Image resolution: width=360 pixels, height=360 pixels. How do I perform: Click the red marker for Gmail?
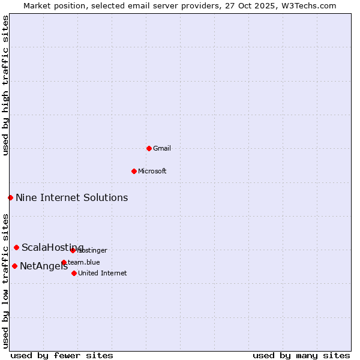pyautogui.click(x=149, y=148)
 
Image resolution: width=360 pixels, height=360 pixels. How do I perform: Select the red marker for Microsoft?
pyautogui.click(x=134, y=171)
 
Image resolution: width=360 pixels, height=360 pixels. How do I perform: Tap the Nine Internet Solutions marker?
pyautogui.click(x=10, y=197)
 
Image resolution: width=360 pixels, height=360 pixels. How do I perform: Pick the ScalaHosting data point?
pyautogui.click(x=16, y=247)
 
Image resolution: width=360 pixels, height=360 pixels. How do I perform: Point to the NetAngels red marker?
pyautogui.click(x=14, y=266)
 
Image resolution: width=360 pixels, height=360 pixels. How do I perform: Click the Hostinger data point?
pyautogui.click(x=73, y=250)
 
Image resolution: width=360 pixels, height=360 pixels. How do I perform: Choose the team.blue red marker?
pyautogui.click(x=64, y=262)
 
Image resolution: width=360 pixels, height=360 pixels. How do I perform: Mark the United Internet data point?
pyautogui.click(x=74, y=273)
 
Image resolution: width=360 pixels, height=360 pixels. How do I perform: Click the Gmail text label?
pyautogui.click(x=162, y=148)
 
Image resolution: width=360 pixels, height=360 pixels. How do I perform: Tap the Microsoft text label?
pyautogui.click(x=152, y=171)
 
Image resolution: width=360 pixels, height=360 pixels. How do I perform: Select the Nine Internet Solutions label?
pyautogui.click(x=71, y=197)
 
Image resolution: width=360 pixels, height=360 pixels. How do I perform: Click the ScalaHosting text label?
pyautogui.click(x=52, y=247)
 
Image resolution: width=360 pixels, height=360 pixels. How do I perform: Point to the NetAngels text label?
pyautogui.click(x=43, y=266)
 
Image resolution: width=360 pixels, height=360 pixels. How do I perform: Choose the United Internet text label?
pyautogui.click(x=102, y=273)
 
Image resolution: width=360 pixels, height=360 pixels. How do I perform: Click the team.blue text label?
pyautogui.click(x=84, y=262)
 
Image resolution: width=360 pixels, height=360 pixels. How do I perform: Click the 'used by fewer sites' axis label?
pyautogui.click(x=62, y=355)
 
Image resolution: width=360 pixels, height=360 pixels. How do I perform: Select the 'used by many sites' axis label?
pyautogui.click(x=301, y=355)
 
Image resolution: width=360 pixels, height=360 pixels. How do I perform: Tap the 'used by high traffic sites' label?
pyautogui.click(x=5, y=85)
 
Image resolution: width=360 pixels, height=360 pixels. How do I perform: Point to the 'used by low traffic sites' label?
pyautogui.click(x=5, y=280)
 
